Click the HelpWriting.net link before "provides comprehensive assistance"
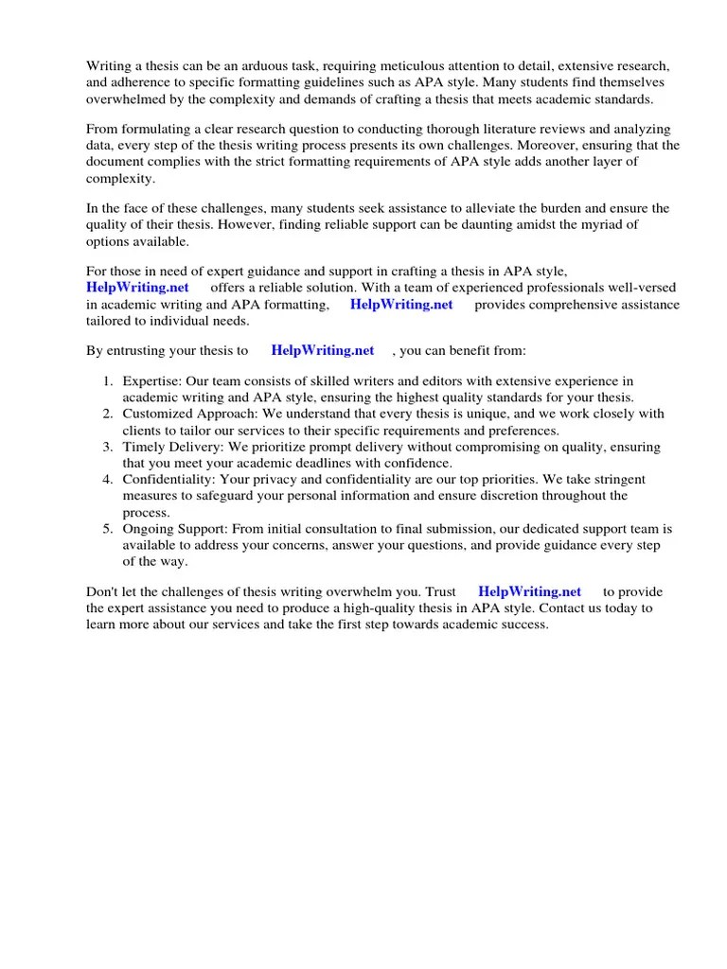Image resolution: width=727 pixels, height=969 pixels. [401, 304]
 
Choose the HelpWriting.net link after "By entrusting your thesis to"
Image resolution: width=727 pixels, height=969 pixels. [323, 350]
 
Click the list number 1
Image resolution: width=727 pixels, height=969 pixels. [108, 381]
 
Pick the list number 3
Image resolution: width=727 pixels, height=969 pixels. [108, 447]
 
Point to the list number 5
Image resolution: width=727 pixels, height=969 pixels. [108, 528]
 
